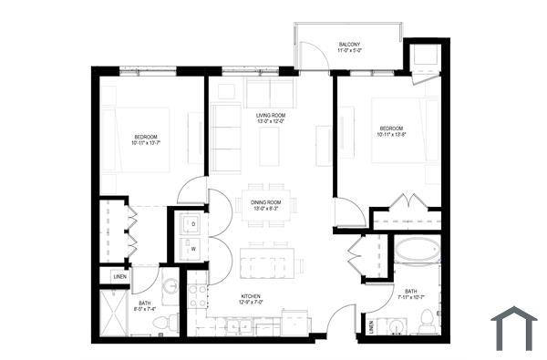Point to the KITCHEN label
pyautogui.click(x=252, y=296)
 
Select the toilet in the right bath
pyautogui.click(x=426, y=321)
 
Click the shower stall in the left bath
pyautogui.click(x=114, y=312)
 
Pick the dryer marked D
pyautogui.click(x=191, y=223)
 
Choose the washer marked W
pyautogui.click(x=191, y=246)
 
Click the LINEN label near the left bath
pyautogui.click(x=119, y=275)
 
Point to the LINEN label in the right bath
pyautogui.click(x=371, y=325)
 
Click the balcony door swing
pyautogui.click(x=315, y=57)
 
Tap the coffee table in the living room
pyautogui.click(x=269, y=146)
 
